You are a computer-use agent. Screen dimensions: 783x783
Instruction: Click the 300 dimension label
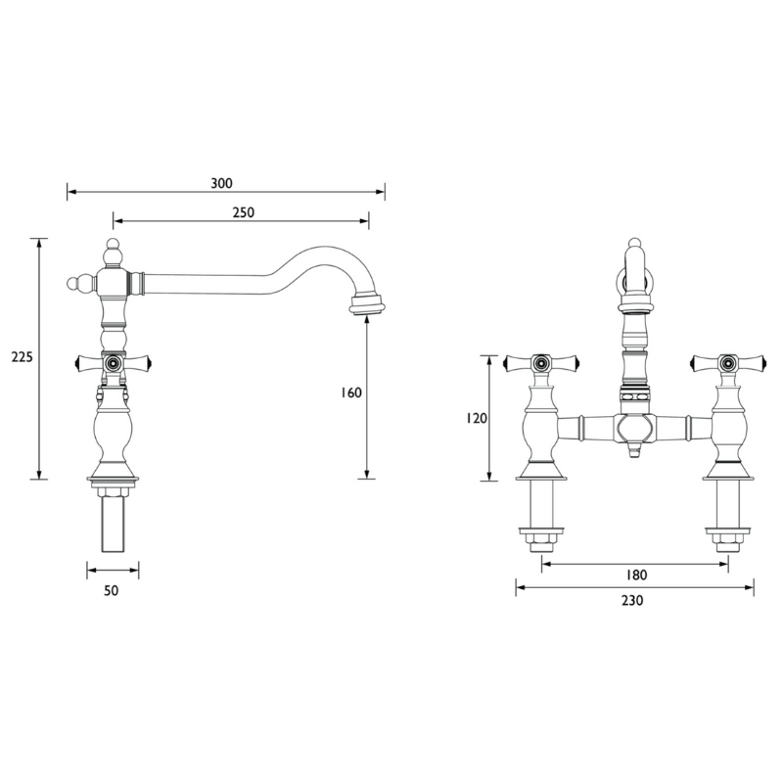tap(222, 183)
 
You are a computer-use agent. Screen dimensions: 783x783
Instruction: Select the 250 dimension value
tap(244, 212)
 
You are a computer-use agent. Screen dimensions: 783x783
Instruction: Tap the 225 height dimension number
tap(22, 357)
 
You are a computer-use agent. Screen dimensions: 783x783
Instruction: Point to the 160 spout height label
tap(351, 393)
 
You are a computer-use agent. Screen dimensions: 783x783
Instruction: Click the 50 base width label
tap(112, 590)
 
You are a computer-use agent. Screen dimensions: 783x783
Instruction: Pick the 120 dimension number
tap(477, 419)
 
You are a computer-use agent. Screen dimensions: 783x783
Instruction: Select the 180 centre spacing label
tap(636, 576)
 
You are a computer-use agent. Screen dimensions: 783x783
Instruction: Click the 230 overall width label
tap(632, 600)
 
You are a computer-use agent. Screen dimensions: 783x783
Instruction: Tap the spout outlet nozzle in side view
tap(368, 305)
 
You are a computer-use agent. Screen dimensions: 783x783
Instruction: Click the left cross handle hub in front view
tap(542, 363)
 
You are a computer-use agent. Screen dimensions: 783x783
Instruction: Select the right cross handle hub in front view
tap(727, 363)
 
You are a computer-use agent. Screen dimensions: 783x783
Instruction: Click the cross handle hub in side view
tap(113, 362)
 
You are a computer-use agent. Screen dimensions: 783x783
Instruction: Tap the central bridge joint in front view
tap(635, 429)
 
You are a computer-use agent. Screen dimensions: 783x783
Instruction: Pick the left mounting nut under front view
tap(542, 540)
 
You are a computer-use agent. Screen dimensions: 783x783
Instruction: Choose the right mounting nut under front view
tap(727, 540)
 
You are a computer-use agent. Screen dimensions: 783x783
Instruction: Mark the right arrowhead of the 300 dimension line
tap(381, 191)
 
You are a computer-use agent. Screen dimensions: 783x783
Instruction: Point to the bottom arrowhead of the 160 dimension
tap(367, 475)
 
